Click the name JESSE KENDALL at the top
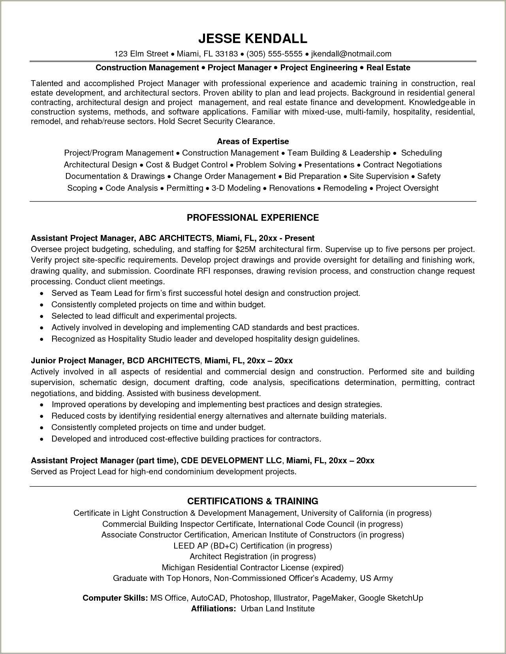253,38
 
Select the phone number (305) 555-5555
275,54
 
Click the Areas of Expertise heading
253,141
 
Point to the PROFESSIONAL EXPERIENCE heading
253,218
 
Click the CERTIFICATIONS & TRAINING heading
253,501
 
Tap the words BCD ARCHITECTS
169,361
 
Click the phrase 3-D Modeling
236,188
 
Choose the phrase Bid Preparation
312,176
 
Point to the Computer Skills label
115,598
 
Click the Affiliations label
213,609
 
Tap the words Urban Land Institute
278,609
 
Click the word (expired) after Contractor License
327,568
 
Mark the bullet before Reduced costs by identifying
42,416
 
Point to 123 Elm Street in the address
141,54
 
